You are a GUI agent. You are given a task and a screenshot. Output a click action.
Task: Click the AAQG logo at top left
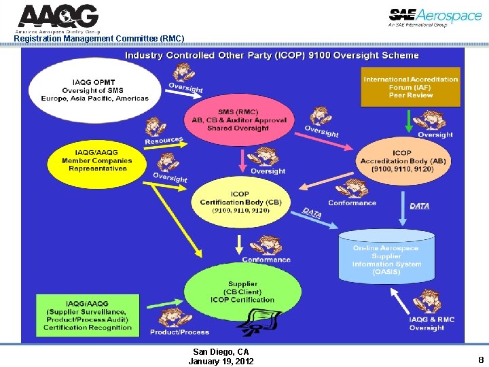(x=58, y=18)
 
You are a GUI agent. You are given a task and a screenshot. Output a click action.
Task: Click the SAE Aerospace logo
(x=435, y=18)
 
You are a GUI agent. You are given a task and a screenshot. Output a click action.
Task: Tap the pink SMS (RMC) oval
(x=239, y=120)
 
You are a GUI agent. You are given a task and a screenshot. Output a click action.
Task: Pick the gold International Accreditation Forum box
(x=410, y=87)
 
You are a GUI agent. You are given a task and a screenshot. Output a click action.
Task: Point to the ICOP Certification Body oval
(x=240, y=203)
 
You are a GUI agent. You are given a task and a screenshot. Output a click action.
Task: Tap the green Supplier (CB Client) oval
(x=242, y=292)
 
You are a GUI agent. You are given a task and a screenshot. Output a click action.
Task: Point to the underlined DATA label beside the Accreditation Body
(x=419, y=205)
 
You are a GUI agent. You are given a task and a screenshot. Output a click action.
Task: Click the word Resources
(x=164, y=141)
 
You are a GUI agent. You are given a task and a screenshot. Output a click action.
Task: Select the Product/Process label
(x=179, y=332)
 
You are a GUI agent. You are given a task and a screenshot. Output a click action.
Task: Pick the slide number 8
(x=481, y=360)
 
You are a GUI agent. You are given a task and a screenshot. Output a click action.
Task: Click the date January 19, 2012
(x=221, y=362)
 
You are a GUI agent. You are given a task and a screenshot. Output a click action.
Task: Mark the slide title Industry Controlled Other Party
(x=272, y=55)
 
